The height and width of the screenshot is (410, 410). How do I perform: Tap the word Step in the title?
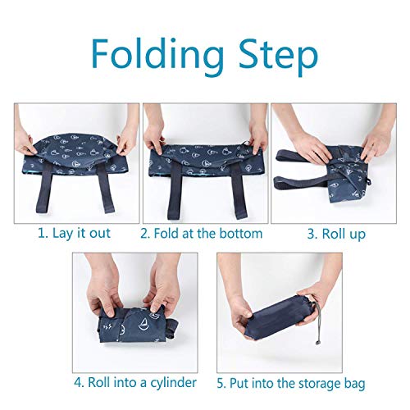click(274, 56)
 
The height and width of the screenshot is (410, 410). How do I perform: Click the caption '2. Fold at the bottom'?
click(202, 234)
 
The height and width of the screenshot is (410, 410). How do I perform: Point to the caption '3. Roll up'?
click(336, 234)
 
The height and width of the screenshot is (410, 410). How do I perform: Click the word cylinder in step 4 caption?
click(171, 381)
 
